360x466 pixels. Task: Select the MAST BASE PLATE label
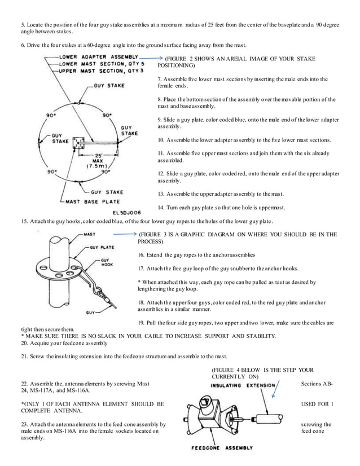pos(89,200)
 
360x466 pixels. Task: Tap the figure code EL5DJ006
pos(125,212)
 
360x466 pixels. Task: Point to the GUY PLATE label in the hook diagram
pos(104,247)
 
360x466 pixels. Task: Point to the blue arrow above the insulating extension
pos(273,389)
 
